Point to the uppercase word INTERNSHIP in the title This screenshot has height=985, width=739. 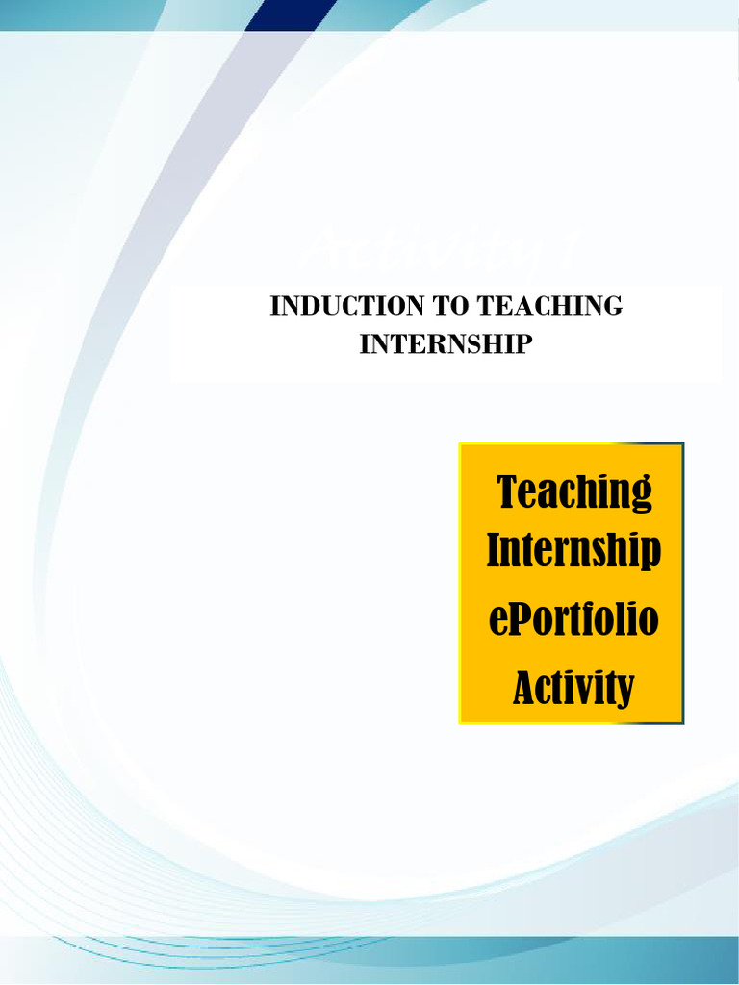(446, 344)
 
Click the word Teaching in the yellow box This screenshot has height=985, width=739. (574, 492)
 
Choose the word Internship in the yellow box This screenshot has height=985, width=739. (574, 551)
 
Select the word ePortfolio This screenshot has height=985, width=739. (574, 620)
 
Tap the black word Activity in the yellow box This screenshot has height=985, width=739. (574, 688)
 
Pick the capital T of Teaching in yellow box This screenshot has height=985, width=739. (508, 492)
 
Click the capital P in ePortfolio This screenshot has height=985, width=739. (519, 619)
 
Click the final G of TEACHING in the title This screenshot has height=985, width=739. (613, 306)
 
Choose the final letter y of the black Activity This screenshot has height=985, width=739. (625, 691)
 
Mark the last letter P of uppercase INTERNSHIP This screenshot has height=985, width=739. (522, 344)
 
